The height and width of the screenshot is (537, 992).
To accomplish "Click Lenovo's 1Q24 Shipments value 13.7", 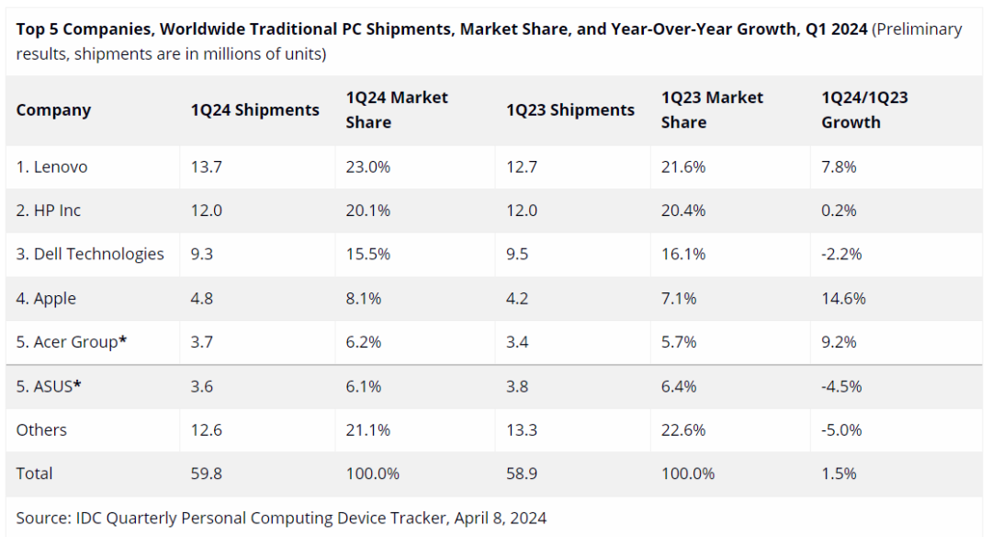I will tap(206, 167).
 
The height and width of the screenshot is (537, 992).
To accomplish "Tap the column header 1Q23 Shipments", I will tap(569, 110).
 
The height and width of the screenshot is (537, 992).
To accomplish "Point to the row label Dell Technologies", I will tap(90, 255).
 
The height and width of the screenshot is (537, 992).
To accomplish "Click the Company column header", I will tap(53, 110).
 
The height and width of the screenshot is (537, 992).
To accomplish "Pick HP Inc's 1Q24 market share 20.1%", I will tap(367, 211).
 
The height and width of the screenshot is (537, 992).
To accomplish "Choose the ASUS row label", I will tap(49, 386).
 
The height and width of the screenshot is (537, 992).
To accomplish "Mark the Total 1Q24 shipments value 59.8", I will tap(206, 474).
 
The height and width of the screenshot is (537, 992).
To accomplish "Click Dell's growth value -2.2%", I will tap(841, 255).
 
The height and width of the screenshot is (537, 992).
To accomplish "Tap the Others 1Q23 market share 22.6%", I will tap(683, 430).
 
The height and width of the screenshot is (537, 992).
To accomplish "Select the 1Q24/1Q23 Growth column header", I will tap(863, 110).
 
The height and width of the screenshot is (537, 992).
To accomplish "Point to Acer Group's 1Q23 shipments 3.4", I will tap(517, 342).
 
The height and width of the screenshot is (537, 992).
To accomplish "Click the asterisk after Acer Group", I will tap(123, 340).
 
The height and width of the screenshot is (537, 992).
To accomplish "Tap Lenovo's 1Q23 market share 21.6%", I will tap(683, 167).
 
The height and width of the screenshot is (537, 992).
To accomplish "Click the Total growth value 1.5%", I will tap(839, 474).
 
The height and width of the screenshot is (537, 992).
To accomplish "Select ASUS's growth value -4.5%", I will tap(841, 386).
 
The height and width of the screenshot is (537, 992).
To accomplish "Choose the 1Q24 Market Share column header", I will tap(397, 110).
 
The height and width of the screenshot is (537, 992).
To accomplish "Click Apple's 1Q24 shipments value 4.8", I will tap(202, 299).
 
